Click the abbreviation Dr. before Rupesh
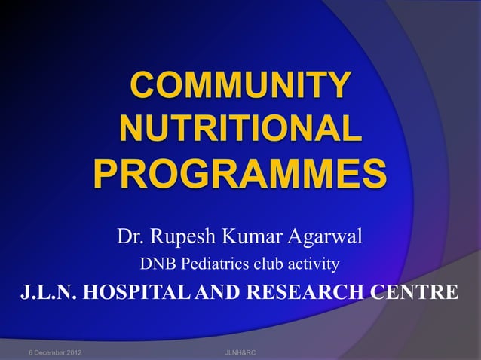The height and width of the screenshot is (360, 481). (130, 237)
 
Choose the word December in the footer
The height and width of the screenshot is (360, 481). (51, 352)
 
